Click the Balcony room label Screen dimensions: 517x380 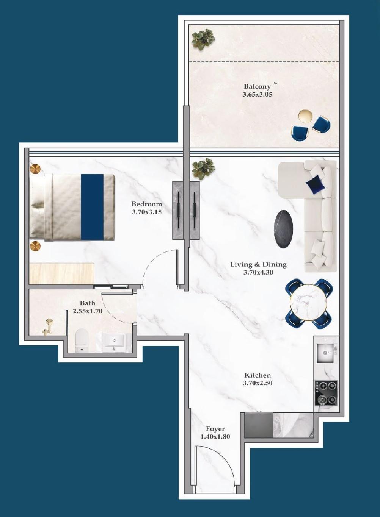(x=257, y=87)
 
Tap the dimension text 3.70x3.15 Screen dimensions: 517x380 (x=147, y=212)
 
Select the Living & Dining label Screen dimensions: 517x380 (x=258, y=264)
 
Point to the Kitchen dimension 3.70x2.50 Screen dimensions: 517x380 (x=258, y=383)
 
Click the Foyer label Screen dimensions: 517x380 (x=215, y=429)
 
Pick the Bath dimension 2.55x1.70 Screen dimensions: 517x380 (x=88, y=311)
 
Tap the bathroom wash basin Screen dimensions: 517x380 (x=114, y=341)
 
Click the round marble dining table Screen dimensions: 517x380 (x=309, y=303)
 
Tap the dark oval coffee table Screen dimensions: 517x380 (x=283, y=229)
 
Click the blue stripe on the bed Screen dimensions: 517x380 (x=92, y=207)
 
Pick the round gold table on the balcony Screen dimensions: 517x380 (x=305, y=116)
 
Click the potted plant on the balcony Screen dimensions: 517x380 (x=203, y=39)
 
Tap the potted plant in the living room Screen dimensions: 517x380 (x=203, y=169)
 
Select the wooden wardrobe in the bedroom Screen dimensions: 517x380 (x=61, y=273)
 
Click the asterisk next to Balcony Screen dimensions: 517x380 (x=275, y=83)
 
